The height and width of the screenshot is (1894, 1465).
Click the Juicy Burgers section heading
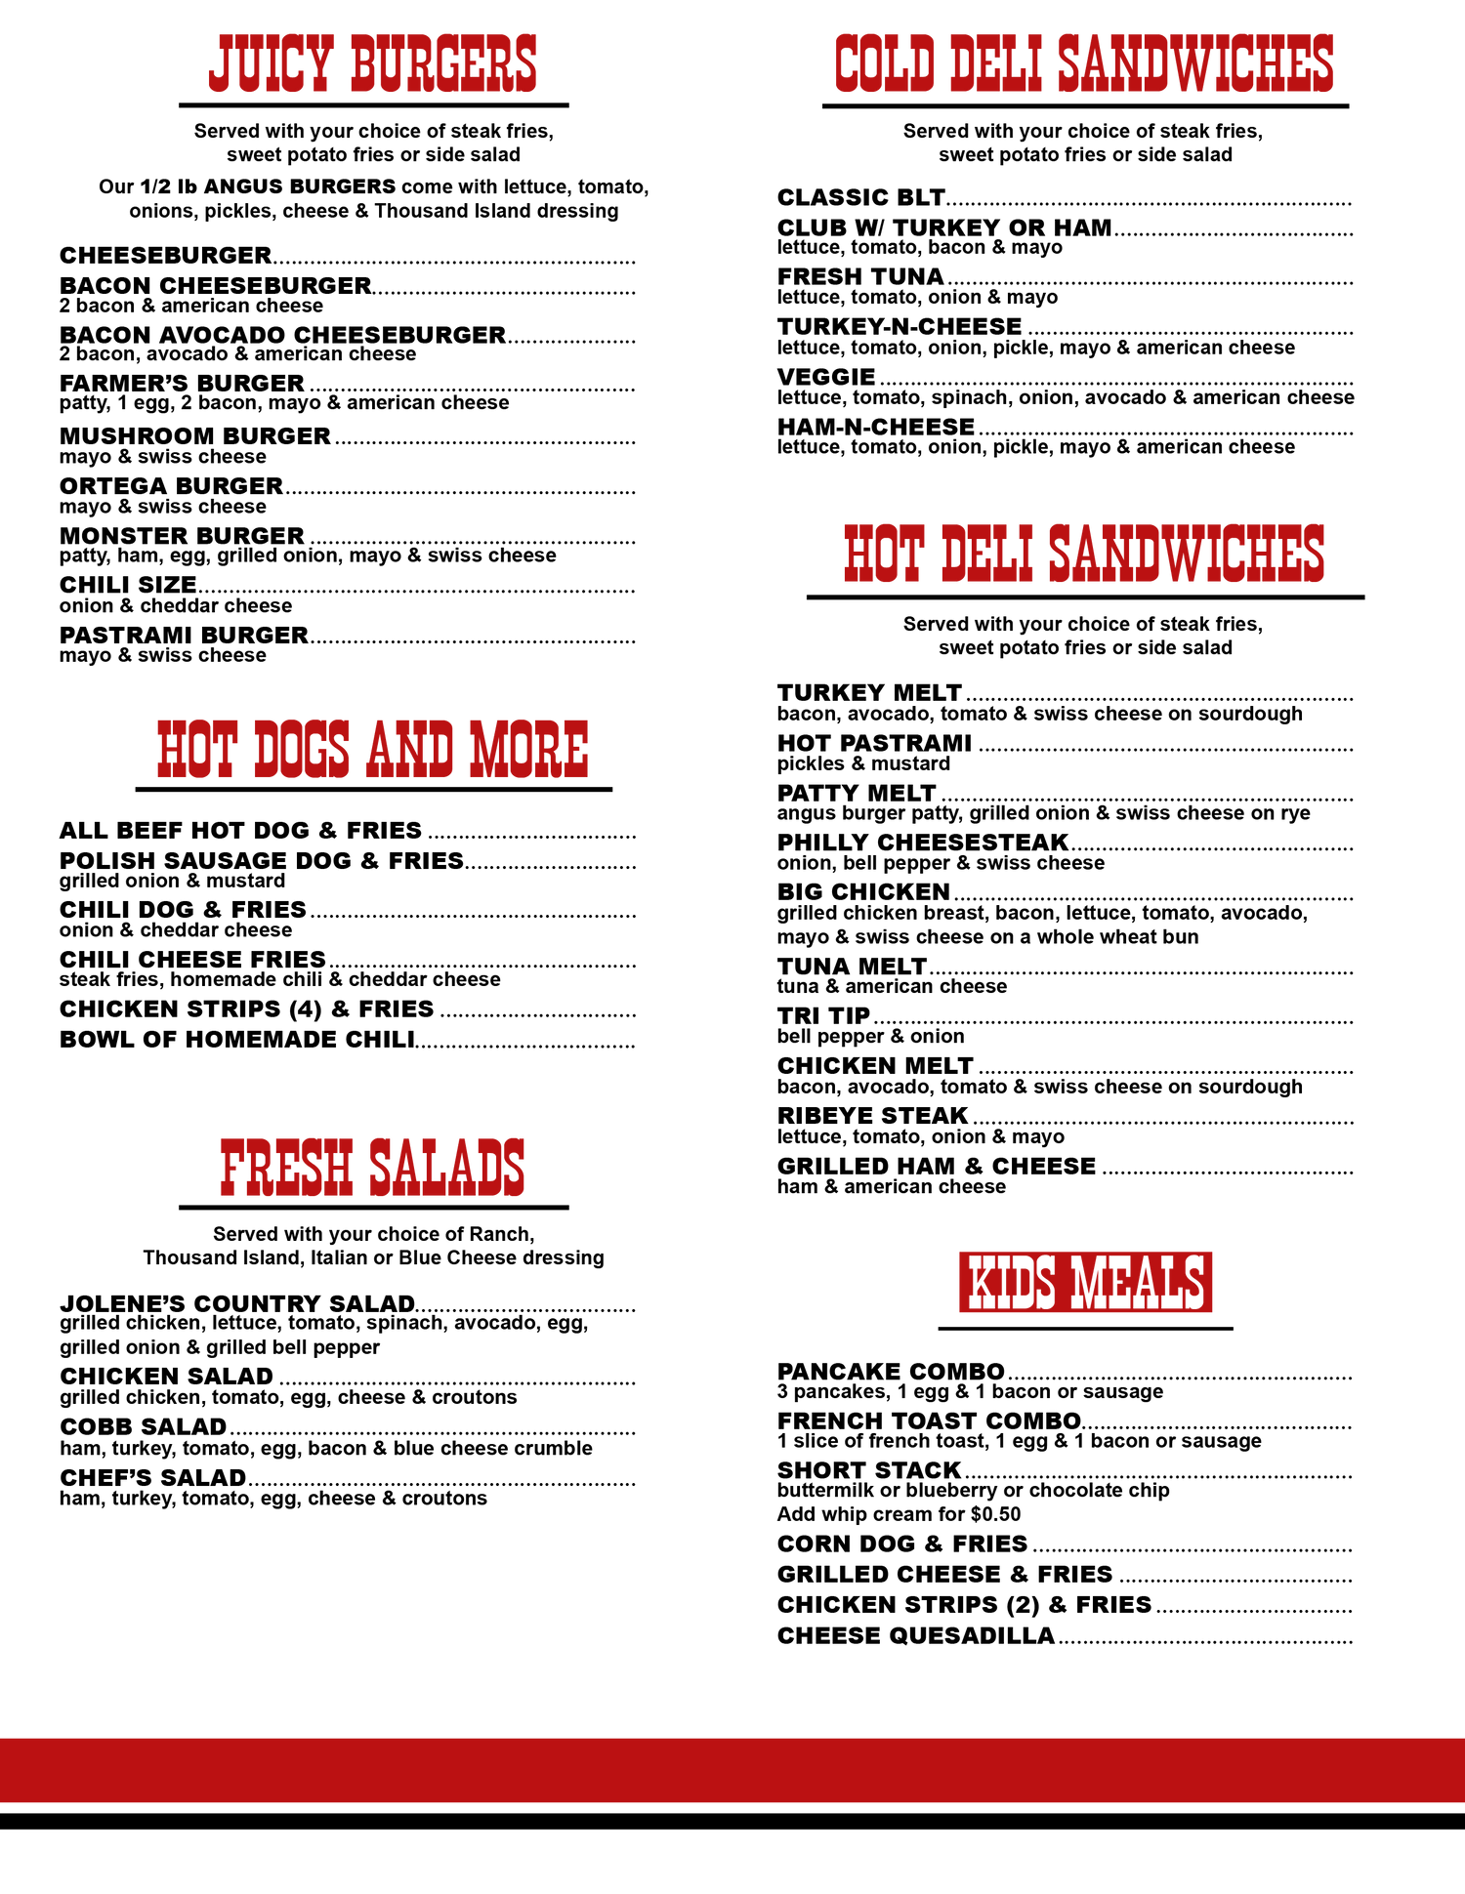click(x=373, y=64)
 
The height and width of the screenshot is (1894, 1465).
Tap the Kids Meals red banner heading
click(x=1085, y=1282)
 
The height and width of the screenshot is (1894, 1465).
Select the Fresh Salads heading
click(x=373, y=1168)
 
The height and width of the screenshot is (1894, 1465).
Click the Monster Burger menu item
click(x=182, y=536)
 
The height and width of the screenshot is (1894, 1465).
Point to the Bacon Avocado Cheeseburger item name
click(x=282, y=335)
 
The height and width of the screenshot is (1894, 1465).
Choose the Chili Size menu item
click(x=128, y=585)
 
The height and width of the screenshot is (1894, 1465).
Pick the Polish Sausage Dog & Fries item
click(x=262, y=861)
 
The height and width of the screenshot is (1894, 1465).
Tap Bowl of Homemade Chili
click(x=237, y=1040)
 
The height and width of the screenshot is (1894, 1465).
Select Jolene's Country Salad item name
click(x=237, y=1304)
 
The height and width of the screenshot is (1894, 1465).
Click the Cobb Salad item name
click(x=143, y=1426)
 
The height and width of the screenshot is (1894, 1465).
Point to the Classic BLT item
click(x=860, y=197)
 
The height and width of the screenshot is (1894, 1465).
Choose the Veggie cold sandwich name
click(x=826, y=377)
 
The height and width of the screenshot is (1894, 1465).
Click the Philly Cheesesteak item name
click(x=923, y=843)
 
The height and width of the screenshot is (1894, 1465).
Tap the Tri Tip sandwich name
click(x=823, y=1016)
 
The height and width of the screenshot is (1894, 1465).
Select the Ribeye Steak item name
click(x=872, y=1116)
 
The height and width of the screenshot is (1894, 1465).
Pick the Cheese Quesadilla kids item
click(x=916, y=1636)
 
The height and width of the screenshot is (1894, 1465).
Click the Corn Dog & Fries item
click(x=902, y=1544)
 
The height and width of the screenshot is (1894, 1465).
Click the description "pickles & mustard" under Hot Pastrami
click(x=863, y=763)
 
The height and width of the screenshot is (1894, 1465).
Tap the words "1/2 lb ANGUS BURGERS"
click(x=268, y=186)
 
